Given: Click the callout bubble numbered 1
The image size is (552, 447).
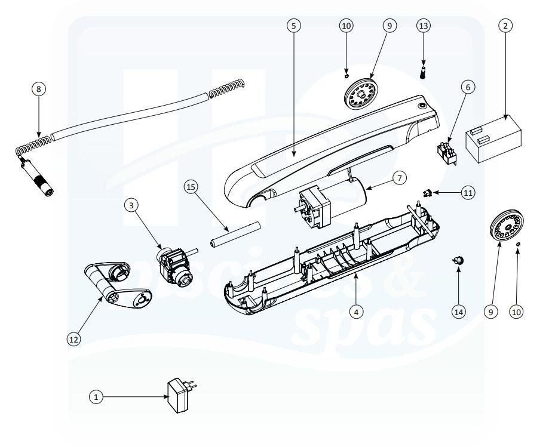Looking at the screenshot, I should point(95,395).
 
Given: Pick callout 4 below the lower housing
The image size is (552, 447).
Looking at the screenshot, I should point(355,311).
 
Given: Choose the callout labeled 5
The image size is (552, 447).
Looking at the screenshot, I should point(293,26).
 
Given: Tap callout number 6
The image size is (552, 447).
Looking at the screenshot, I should point(467,87).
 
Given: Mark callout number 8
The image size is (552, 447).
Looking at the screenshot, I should point(39,89).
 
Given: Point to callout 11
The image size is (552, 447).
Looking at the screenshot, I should point(468,193).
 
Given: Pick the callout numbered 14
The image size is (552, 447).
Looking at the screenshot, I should point(459,311).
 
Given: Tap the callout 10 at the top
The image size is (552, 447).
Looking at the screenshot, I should point(346,26).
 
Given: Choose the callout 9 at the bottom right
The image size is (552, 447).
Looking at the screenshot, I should point(491,311).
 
